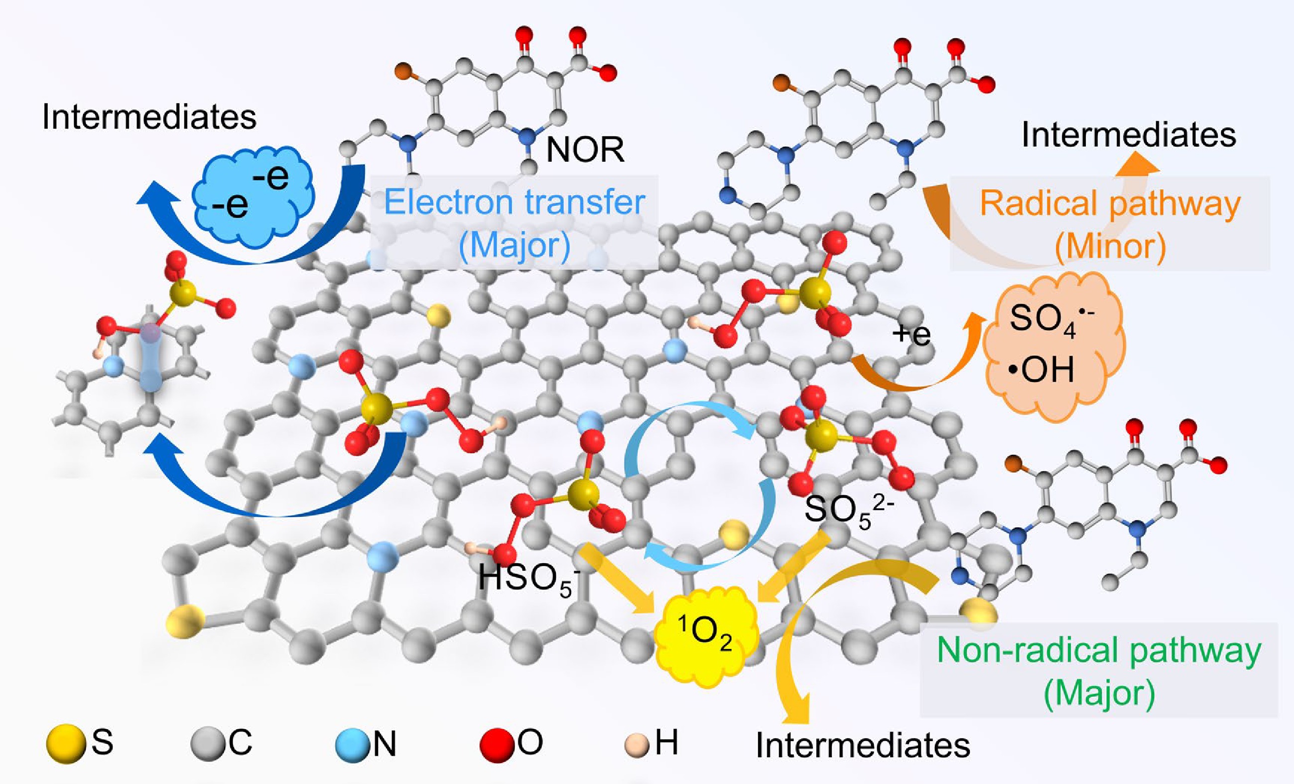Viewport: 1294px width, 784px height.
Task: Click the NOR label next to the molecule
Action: click(585, 150)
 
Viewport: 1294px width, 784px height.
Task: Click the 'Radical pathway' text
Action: click(1110, 204)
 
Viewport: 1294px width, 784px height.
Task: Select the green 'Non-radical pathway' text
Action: click(1099, 651)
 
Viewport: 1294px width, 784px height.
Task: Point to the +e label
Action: click(911, 335)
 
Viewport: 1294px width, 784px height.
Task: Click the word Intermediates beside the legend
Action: click(862, 745)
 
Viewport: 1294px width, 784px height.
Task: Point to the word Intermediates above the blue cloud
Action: click(149, 116)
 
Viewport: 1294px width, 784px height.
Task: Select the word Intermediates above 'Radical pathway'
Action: click(1129, 135)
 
